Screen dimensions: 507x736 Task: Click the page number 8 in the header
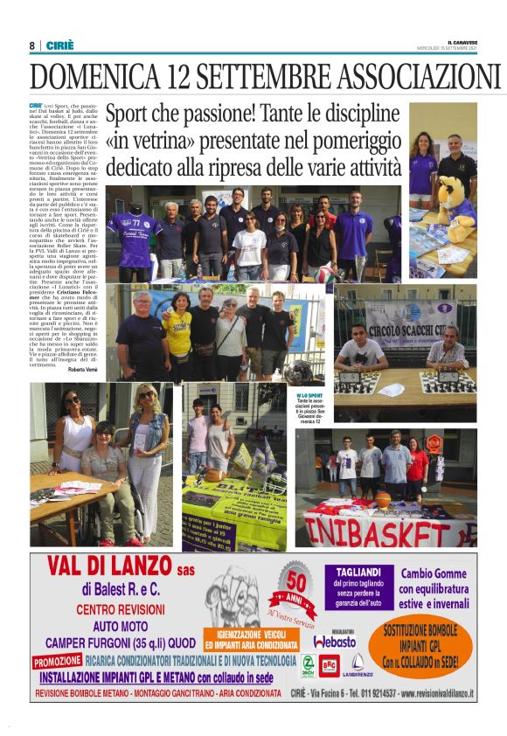[x=32, y=46]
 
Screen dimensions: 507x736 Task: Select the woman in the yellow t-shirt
[x=177, y=333]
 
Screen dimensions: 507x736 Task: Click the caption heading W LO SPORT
[x=309, y=396]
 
